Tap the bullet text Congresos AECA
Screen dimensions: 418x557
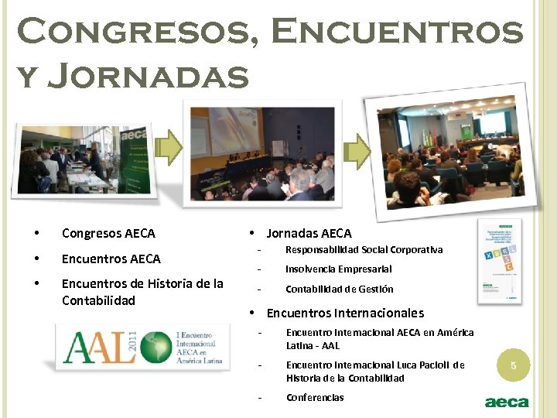[x=108, y=233]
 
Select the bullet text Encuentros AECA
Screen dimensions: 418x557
[x=111, y=259]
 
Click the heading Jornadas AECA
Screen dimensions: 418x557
[x=309, y=233]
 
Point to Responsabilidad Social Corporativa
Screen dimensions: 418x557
[x=364, y=250]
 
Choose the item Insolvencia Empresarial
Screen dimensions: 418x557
[x=338, y=269]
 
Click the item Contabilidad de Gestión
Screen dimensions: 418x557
[x=339, y=290]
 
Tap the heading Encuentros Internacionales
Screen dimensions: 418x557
[x=345, y=313]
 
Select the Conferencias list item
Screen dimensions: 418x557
[x=315, y=398]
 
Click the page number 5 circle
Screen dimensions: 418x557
[x=511, y=364]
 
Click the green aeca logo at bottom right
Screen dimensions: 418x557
[x=506, y=402]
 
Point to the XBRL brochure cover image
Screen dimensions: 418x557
[x=500, y=259]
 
